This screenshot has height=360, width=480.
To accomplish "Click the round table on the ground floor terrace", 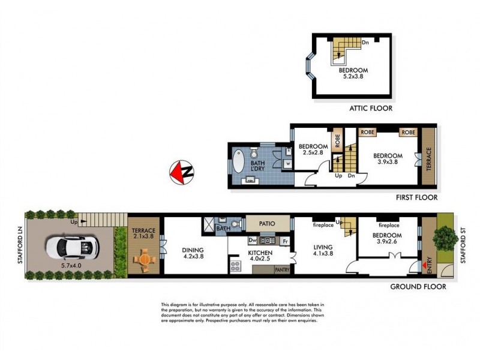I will (x=143, y=259).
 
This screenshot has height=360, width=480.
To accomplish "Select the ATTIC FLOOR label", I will (x=371, y=109).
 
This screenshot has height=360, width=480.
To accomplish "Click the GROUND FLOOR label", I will (x=418, y=287).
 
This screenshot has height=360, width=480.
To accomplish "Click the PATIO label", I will (x=267, y=224).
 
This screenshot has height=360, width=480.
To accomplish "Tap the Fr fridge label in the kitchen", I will (x=285, y=241).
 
